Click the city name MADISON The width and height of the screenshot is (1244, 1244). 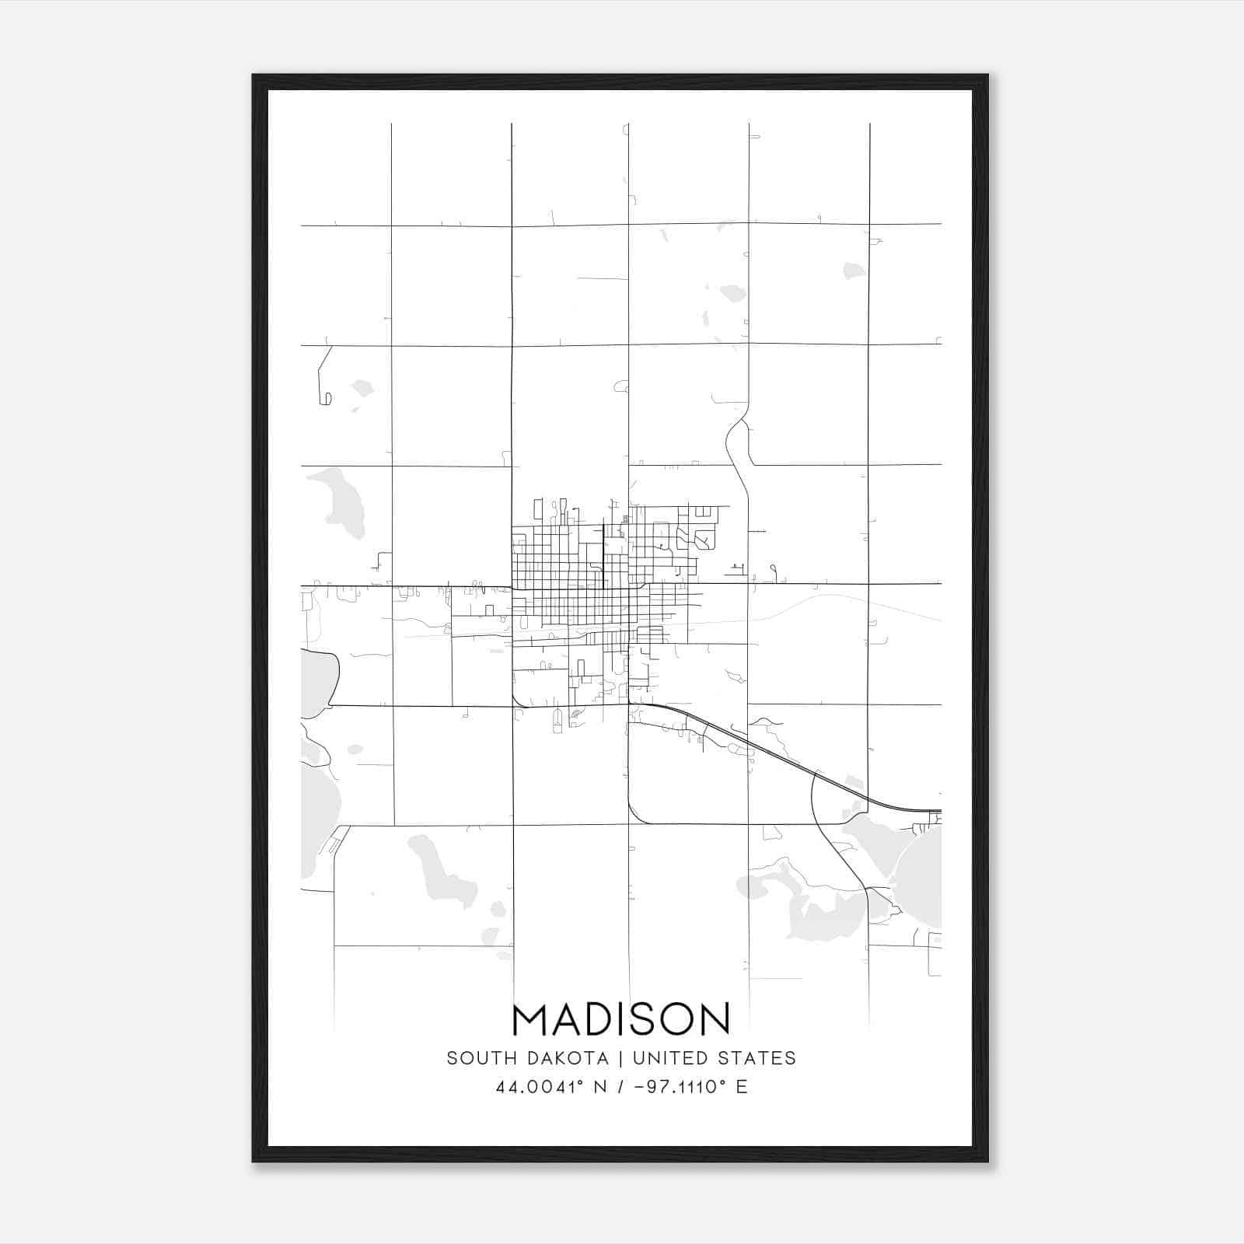[x=621, y=1019]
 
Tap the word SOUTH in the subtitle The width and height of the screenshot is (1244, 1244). [x=473, y=1058]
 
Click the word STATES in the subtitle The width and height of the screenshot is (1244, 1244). [x=758, y=1058]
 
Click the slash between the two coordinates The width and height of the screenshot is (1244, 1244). [x=620, y=1087]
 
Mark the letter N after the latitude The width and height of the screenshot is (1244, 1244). [x=599, y=1087]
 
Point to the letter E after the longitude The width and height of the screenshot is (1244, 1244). [x=741, y=1087]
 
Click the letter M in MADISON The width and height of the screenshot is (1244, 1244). [x=530, y=1019]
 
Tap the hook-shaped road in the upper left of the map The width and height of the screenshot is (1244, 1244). [x=323, y=381]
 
